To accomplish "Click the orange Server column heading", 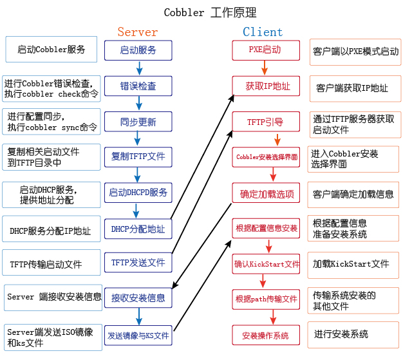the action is [137, 32].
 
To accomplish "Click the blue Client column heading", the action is [263, 32].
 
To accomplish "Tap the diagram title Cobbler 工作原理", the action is [210, 12].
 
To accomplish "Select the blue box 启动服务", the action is [138, 50].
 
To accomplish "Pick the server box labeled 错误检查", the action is [138, 86].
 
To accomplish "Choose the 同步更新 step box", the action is [138, 122].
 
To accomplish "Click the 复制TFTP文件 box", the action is [138, 157].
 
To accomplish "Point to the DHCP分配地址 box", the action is [138, 229].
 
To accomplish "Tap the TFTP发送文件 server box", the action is [138, 263].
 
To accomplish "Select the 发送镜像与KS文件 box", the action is [138, 336].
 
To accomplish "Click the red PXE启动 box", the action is [266, 50].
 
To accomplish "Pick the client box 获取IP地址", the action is [266, 86].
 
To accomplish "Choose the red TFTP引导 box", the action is [266, 122].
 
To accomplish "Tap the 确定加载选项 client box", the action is [266, 193].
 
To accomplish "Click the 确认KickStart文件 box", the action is [266, 264].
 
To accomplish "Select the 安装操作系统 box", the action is [266, 335].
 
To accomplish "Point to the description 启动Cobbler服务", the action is [51, 50].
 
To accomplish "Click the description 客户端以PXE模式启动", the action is [355, 52].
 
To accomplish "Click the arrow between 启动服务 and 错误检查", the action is [139, 68].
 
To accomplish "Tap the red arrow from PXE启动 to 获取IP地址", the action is [265, 68].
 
